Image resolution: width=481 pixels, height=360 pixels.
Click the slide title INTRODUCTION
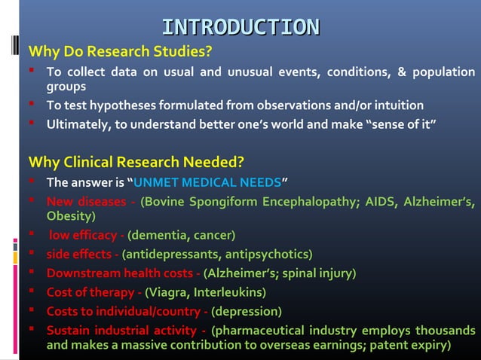coord(240,28)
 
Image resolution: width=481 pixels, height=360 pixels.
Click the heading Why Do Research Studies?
coord(120,52)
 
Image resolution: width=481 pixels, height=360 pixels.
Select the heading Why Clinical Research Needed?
coord(136,162)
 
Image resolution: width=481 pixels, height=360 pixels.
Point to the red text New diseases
coord(85,201)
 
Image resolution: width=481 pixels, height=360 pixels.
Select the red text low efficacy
coord(83,236)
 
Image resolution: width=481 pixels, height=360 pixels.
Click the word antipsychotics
coord(270,254)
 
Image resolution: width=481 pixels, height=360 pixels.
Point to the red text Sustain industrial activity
coord(122,330)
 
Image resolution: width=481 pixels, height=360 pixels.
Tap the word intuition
coord(395,105)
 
